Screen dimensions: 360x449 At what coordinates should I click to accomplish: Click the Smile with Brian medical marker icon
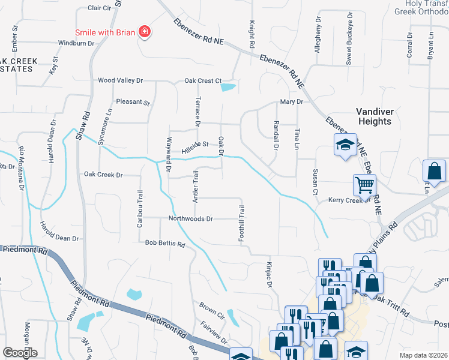144,31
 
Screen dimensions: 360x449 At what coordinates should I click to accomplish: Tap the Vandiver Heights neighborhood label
373,116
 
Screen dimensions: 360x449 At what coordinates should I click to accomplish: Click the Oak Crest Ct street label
203,80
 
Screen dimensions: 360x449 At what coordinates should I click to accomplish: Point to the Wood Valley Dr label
121,80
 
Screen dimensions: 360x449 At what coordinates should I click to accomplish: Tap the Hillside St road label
196,144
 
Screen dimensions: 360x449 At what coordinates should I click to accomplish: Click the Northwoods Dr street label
191,219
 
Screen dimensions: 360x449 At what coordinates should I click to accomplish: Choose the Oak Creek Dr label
103,175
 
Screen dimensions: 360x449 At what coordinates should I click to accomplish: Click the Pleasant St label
133,102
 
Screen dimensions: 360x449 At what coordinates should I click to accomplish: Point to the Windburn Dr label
76,43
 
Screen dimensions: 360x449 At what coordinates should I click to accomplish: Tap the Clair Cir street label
100,8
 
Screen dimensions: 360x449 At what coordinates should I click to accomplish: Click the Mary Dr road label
291,102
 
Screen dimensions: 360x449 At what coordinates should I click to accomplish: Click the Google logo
20,353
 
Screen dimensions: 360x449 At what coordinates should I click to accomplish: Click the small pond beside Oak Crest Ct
228,88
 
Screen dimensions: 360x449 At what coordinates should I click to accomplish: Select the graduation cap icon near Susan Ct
345,145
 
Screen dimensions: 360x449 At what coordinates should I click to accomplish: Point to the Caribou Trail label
140,204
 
